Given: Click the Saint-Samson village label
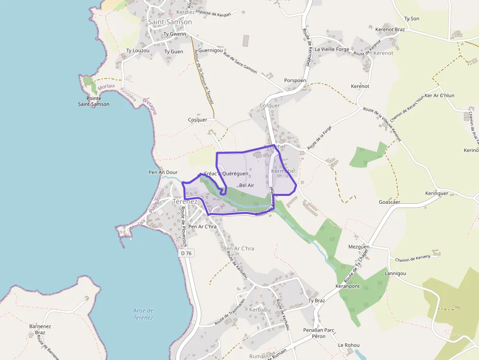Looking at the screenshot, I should click(x=170, y=22).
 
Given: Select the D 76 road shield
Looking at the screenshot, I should click(x=186, y=253).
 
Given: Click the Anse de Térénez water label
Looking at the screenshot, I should click(x=143, y=314).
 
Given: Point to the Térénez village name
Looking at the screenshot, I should click(x=185, y=201).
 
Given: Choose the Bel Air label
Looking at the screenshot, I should click(x=247, y=185).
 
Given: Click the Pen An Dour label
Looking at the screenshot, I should click(x=163, y=172).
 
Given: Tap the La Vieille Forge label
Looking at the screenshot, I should click(x=332, y=49).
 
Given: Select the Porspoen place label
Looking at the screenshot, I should click(x=295, y=81).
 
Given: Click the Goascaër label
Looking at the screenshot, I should click(x=390, y=202).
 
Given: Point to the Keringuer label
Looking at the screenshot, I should click(x=436, y=193).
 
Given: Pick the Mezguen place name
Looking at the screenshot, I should click(x=359, y=247).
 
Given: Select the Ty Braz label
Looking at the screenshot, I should click(x=316, y=300).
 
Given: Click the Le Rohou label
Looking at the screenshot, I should click(x=348, y=345).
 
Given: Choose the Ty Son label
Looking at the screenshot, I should click(x=412, y=19).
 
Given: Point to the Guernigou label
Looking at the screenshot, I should click(x=211, y=50).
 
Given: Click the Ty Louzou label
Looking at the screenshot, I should click(x=137, y=51).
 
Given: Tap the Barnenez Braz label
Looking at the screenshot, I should click(x=40, y=329).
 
